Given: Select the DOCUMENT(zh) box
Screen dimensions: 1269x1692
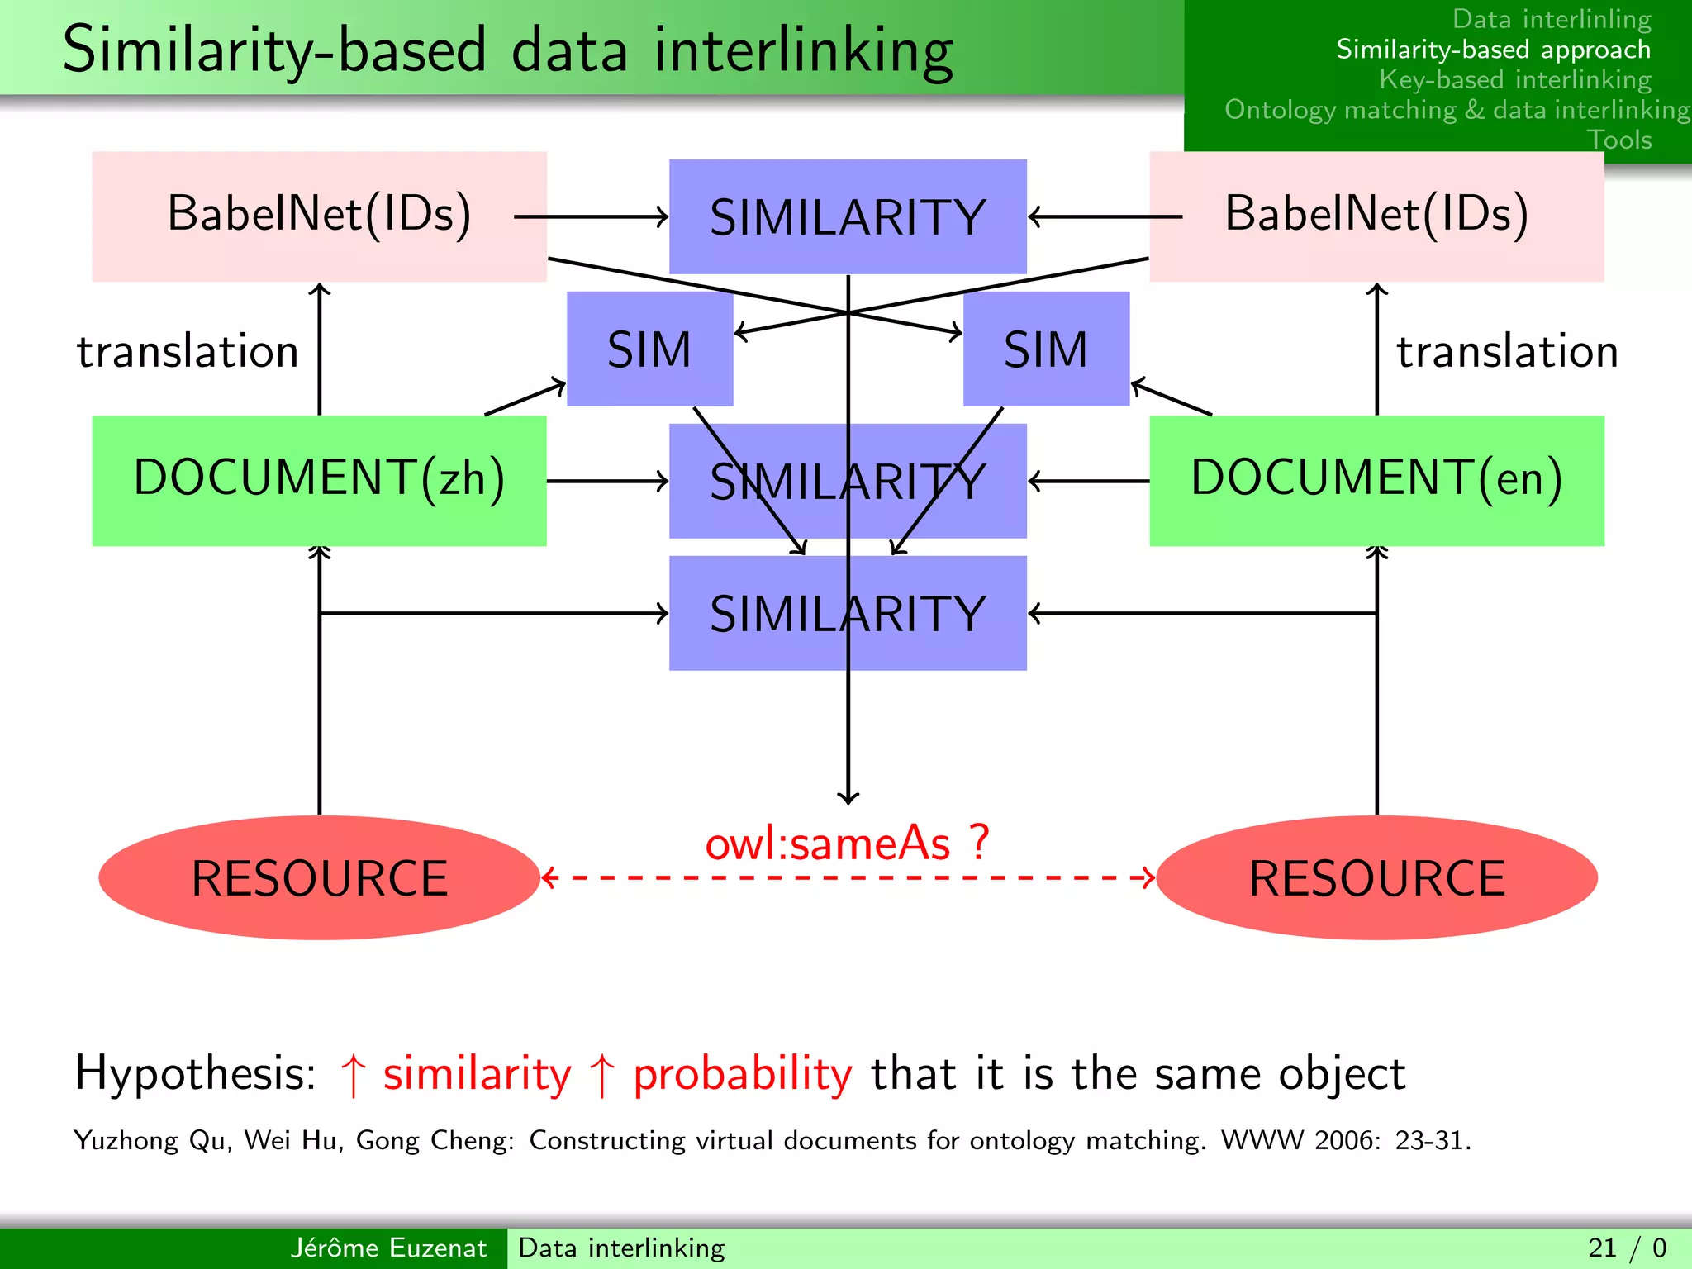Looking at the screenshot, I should click(x=319, y=480).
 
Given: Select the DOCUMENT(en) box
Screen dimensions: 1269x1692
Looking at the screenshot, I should click(x=1376, y=480).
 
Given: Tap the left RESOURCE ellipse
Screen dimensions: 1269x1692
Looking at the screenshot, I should click(x=319, y=877).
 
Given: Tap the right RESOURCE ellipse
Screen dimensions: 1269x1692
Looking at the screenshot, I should click(x=1376, y=877).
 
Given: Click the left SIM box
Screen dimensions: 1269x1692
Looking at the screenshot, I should click(x=649, y=349).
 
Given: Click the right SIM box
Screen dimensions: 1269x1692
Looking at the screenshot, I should click(x=1046, y=349).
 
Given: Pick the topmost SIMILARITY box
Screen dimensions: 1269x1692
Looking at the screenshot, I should click(x=848, y=216).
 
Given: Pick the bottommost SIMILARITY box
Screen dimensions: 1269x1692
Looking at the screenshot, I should click(x=848, y=613).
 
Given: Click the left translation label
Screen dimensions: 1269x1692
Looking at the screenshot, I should click(x=188, y=351).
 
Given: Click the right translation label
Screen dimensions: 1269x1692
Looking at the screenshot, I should click(x=1507, y=351).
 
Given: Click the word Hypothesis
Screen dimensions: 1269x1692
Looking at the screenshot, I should click(x=195, y=1073).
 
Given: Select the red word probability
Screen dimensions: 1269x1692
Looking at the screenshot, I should click(x=742, y=1075).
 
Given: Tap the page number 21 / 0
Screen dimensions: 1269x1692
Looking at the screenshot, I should click(x=1627, y=1248).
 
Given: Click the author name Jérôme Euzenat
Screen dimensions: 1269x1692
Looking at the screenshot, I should click(x=388, y=1248).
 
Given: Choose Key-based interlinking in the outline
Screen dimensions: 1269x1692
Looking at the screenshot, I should click(x=1514, y=79).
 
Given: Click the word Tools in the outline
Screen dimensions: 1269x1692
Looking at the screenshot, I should click(x=1618, y=140).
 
